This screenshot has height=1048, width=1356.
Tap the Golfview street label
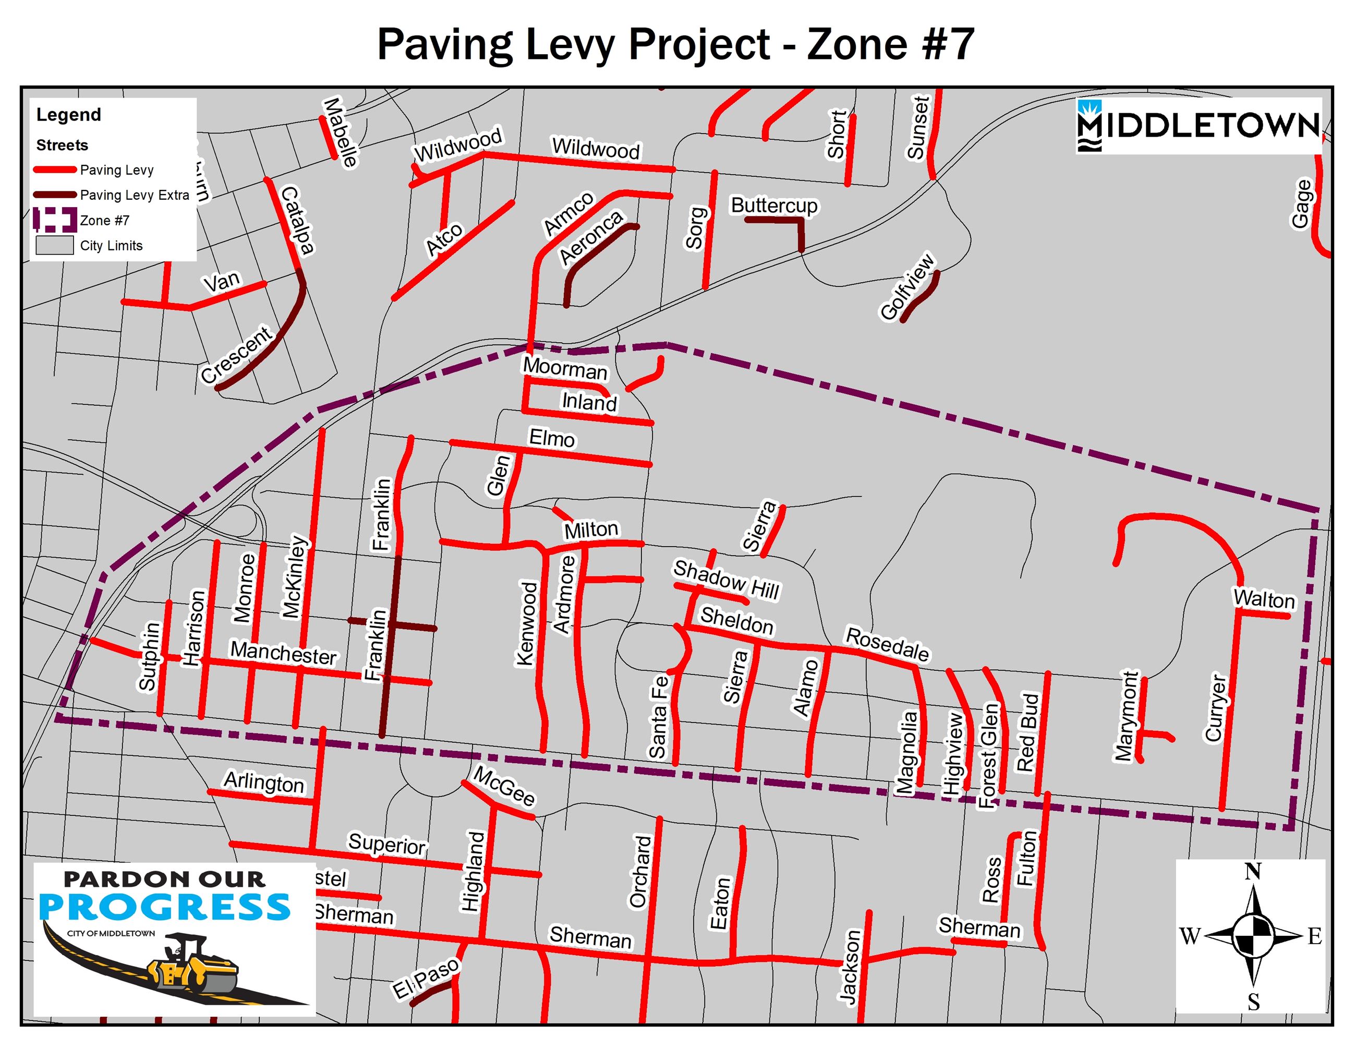[907, 287]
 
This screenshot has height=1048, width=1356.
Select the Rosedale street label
[887, 644]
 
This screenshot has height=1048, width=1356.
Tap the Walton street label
[1264, 599]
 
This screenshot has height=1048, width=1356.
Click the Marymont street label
[1127, 715]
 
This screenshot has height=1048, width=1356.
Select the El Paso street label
[427, 978]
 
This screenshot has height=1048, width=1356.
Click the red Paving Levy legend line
[55, 170]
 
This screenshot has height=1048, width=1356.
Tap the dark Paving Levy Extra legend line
[55, 195]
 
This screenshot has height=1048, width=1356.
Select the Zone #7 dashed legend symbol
[55, 220]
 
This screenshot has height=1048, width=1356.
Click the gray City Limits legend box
[55, 245]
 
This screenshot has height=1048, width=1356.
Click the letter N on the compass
[1252, 872]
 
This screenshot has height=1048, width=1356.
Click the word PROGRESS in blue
[164, 908]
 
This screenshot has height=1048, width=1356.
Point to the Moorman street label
[565, 369]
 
